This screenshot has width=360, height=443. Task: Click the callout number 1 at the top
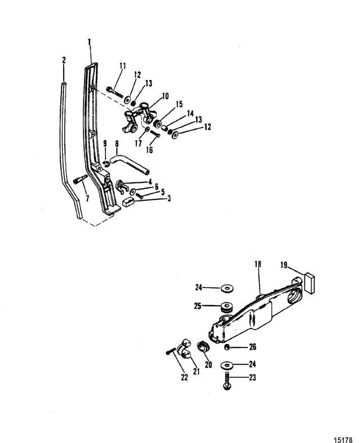(89, 42)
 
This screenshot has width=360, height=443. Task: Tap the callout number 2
(64, 60)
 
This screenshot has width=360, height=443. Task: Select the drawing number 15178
(343, 440)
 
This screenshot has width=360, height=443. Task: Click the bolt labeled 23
(227, 381)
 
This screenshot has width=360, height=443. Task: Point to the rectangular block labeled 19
(310, 283)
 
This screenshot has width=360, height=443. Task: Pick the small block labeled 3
(128, 202)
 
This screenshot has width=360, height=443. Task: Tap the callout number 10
(165, 96)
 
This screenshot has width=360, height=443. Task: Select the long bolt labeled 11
(115, 92)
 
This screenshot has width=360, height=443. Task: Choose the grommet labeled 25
(226, 307)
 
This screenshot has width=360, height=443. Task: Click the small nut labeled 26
(226, 347)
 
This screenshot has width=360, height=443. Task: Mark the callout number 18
(258, 264)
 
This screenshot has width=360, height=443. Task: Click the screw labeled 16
(155, 133)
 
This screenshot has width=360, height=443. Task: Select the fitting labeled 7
(80, 180)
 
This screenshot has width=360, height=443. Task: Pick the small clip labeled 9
(106, 164)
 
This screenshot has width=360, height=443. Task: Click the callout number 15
(179, 104)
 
